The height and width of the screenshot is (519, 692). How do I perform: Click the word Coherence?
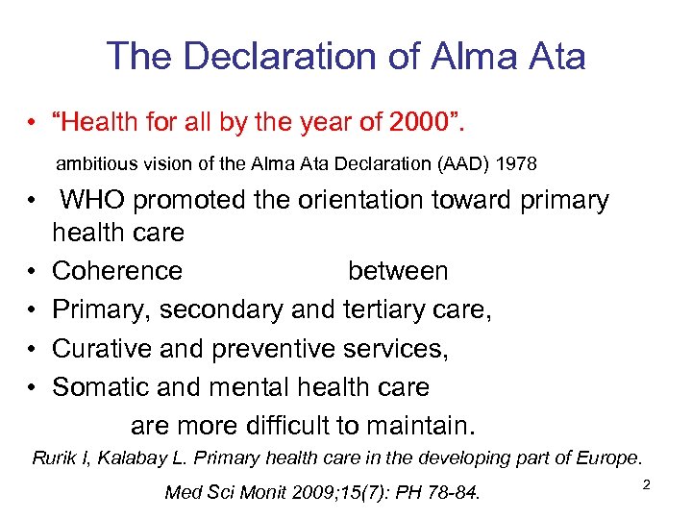point(117,271)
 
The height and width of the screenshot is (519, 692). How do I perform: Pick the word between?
point(398,271)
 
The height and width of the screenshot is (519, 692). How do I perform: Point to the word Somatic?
point(100,387)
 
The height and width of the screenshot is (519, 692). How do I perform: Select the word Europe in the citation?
point(609,457)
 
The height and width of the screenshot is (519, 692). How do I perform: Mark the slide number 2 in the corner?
point(646,485)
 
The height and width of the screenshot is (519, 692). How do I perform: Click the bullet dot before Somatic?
point(33,387)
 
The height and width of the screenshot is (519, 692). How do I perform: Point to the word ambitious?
point(93,164)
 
